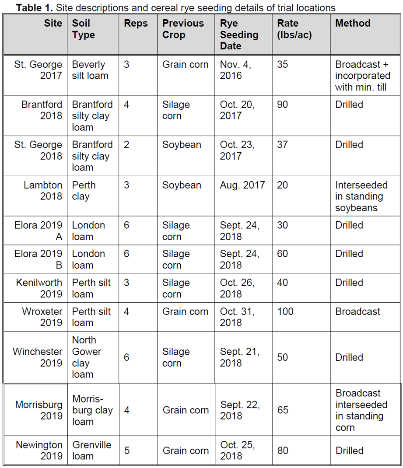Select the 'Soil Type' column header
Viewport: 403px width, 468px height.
(x=84, y=29)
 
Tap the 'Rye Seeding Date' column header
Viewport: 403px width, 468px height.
(x=239, y=35)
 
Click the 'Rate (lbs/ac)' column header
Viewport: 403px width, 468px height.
(x=294, y=29)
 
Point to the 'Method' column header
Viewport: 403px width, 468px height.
(x=353, y=23)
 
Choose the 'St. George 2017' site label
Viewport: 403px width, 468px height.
(x=38, y=70)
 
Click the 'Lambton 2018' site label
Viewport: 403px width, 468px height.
(x=43, y=191)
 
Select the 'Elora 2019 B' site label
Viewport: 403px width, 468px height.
(x=38, y=259)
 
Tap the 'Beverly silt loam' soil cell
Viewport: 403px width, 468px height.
(x=90, y=70)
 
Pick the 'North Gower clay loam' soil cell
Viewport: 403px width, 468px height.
(x=87, y=357)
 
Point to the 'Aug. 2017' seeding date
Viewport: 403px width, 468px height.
(x=242, y=185)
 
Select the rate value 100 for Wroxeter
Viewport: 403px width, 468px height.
(x=285, y=311)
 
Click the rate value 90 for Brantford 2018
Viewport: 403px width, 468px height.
(x=283, y=105)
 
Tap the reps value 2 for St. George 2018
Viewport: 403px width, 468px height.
(x=126, y=145)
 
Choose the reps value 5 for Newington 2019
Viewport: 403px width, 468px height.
(x=127, y=450)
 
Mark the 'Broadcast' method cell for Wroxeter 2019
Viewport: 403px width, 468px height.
(x=357, y=311)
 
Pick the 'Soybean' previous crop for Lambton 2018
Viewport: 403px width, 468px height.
(x=182, y=185)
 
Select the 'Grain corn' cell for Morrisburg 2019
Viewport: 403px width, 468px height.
(x=186, y=410)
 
